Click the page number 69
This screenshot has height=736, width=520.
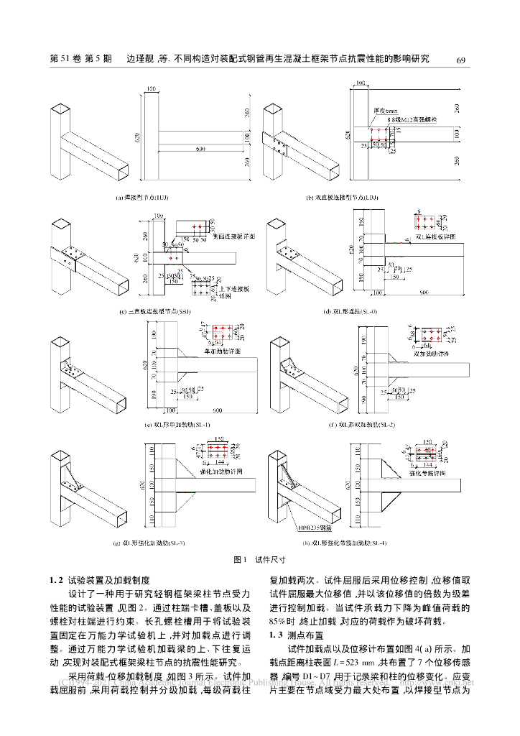tap(461, 60)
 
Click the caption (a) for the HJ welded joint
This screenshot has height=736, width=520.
tap(143, 196)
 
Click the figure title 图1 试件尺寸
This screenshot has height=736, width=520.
tap(259, 558)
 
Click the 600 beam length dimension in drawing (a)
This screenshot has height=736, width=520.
tap(198, 149)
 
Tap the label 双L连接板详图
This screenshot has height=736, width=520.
tap(437, 235)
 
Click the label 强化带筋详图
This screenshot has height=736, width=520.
tap(429, 474)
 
